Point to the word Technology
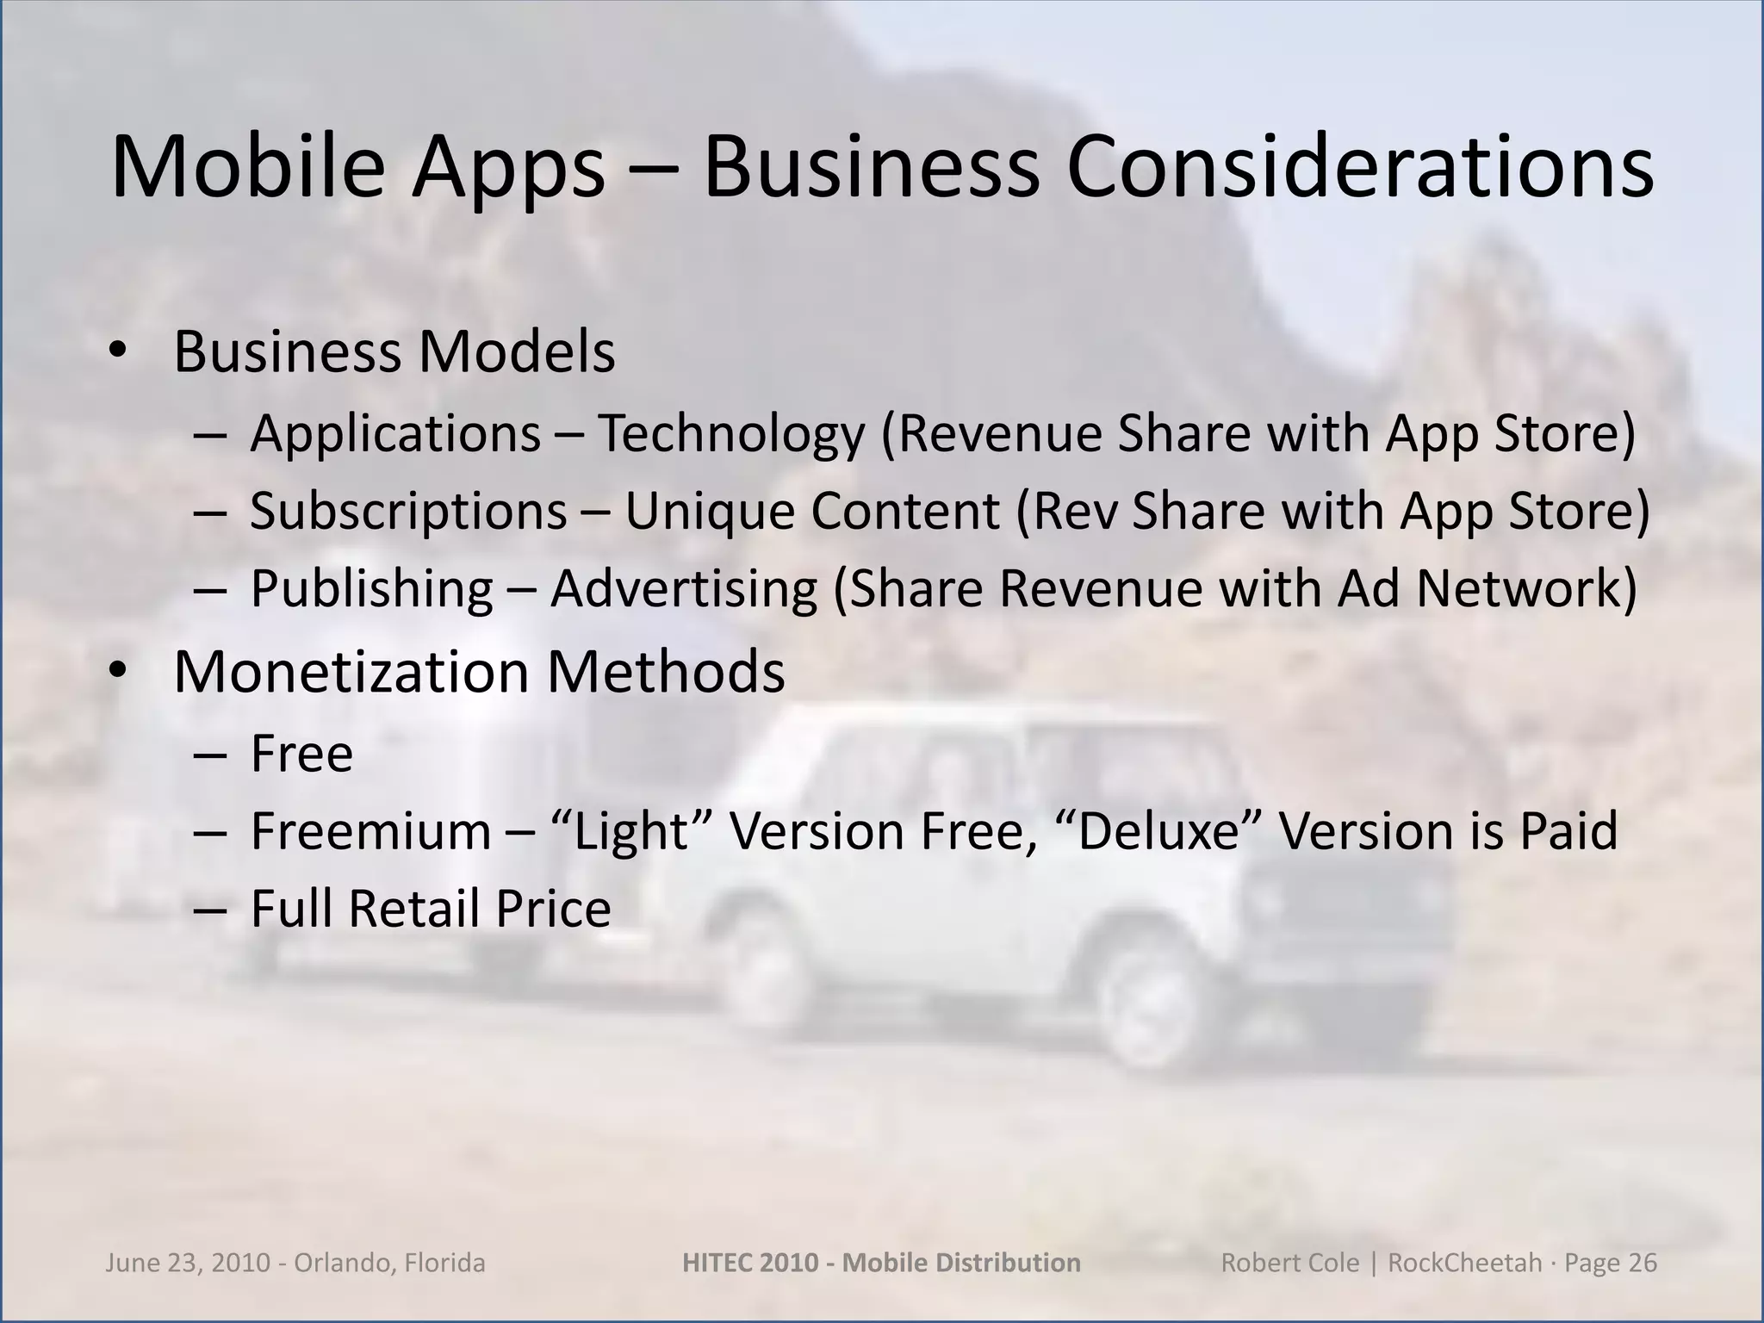[730, 433]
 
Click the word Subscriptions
[408, 512]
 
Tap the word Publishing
[371, 590]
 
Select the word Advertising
[684, 590]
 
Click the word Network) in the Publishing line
[1526, 590]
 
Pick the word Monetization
[351, 672]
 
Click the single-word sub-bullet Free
[301, 754]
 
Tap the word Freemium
[370, 831]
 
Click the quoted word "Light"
[632, 831]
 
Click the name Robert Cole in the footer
[1289, 1263]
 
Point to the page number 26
[1643, 1263]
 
